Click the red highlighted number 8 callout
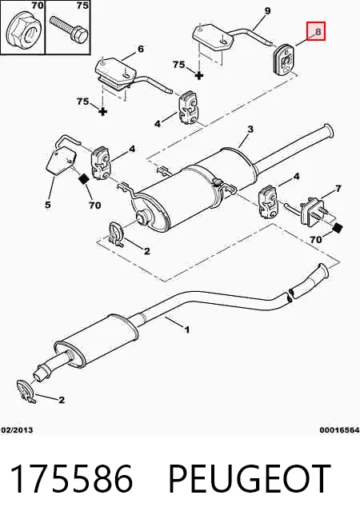(316, 31)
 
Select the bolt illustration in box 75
(69, 29)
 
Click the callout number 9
(267, 11)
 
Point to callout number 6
(141, 49)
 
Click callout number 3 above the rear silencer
(250, 129)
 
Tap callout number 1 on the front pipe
(187, 329)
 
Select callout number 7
(338, 189)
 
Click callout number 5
(48, 204)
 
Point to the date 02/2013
(17, 430)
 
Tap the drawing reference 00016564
(339, 430)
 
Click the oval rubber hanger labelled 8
(283, 59)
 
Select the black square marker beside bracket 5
(82, 179)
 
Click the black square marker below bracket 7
(338, 229)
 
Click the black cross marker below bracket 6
(103, 111)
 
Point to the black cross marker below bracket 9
(199, 75)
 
